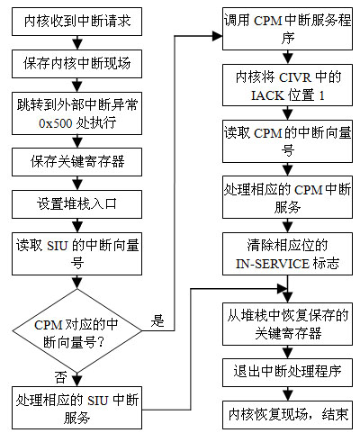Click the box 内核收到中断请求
coord(76,22)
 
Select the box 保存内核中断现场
coord(76,64)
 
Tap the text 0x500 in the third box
coord(56,123)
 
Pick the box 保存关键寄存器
coord(76,162)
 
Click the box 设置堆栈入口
coord(76,204)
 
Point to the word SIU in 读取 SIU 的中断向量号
coord(57,246)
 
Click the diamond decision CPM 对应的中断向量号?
coord(76,331)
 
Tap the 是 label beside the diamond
coord(157,321)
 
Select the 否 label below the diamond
coord(60,377)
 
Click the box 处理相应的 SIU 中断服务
coord(76,408)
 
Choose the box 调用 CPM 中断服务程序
coord(287,29)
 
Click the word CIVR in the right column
coord(295,77)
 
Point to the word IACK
coord(267,95)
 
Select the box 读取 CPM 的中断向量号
coord(287,141)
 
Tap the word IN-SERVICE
coord(273,264)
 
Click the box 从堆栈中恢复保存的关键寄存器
coord(287,324)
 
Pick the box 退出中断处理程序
coord(287,372)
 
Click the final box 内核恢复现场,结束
coord(287,415)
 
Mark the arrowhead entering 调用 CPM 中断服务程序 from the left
coord(217,36)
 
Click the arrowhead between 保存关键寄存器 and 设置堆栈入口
coord(77,184)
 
